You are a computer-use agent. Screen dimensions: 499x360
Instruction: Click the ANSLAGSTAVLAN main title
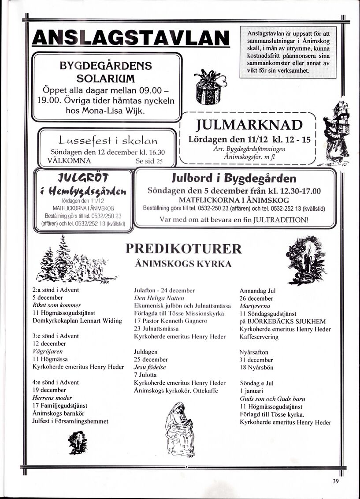131,38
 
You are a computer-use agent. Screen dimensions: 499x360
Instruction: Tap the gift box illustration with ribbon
208,88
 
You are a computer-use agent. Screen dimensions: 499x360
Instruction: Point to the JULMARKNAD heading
249,125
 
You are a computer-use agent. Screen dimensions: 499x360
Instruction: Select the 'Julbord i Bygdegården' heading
234,179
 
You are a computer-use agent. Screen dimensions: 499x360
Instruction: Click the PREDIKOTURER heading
184,249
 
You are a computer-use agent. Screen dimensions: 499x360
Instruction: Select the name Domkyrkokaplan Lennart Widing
77,320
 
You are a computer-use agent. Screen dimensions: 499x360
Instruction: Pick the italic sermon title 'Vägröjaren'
48,351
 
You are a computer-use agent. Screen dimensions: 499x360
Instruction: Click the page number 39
336,481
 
